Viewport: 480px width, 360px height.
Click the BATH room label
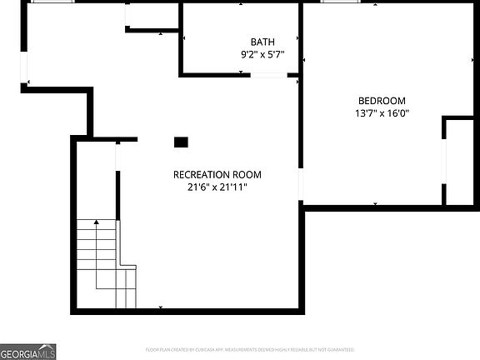(x=262, y=42)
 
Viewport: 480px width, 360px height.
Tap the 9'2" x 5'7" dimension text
(x=262, y=55)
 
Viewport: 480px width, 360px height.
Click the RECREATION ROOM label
(x=217, y=174)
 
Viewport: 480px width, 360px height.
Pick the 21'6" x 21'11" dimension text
(x=217, y=187)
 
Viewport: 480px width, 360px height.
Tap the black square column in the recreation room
(x=181, y=142)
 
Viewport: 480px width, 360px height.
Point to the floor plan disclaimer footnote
(x=250, y=350)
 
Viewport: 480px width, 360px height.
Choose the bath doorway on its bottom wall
(x=268, y=76)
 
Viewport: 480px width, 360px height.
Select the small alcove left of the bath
(x=152, y=16)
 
